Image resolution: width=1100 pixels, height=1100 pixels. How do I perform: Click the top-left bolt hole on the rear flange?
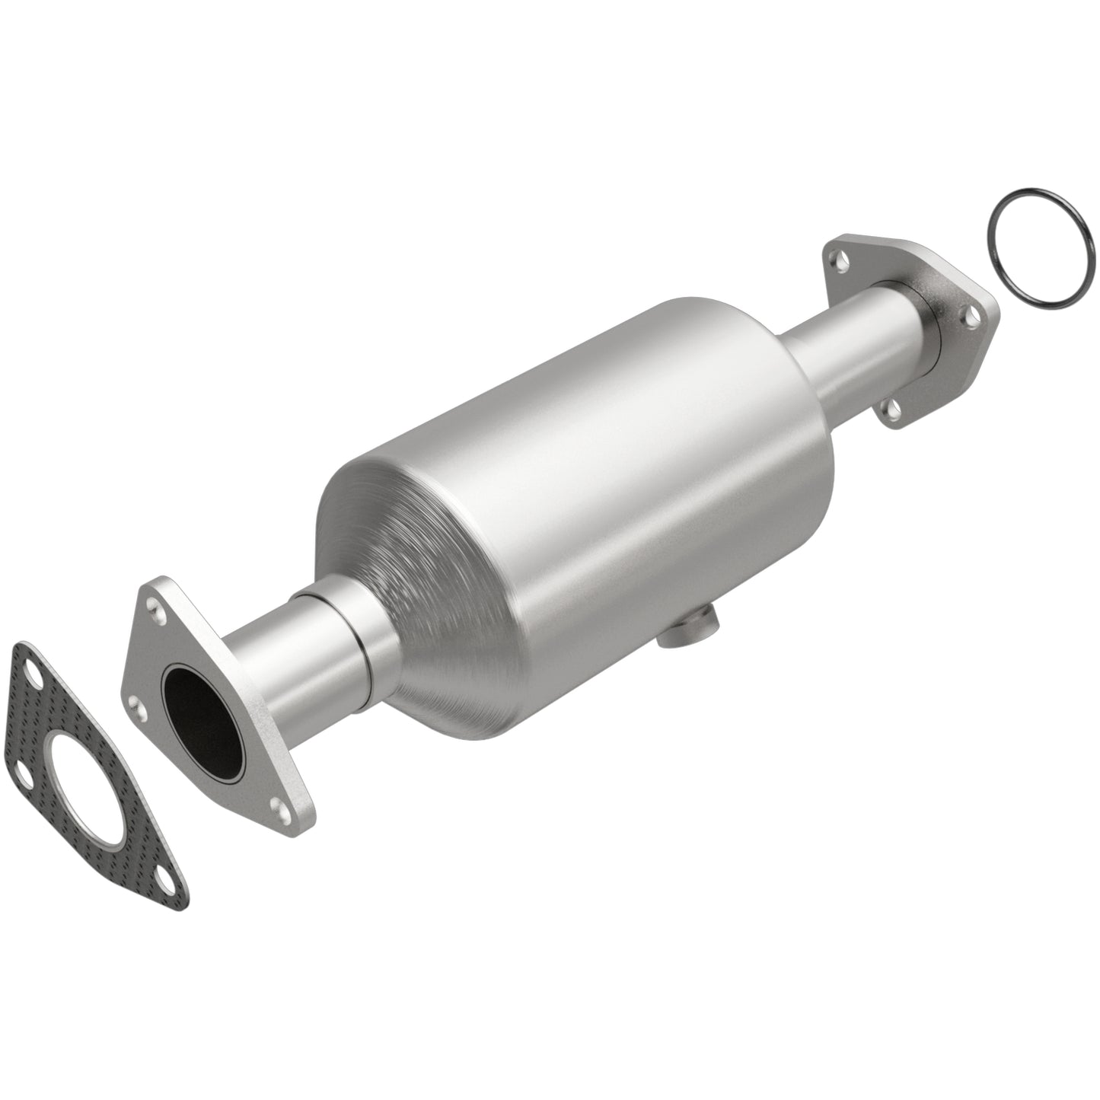pyautogui.click(x=839, y=266)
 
